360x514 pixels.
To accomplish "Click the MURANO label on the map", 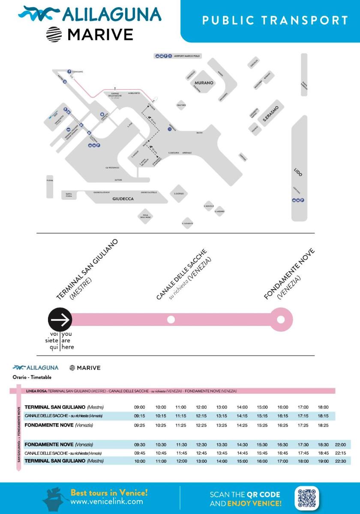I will click(204, 83).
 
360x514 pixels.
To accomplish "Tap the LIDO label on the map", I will click(298, 172).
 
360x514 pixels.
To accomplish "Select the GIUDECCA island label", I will click(123, 199).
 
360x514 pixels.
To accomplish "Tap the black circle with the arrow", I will click(60, 319).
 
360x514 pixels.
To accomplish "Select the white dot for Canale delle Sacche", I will click(171, 319).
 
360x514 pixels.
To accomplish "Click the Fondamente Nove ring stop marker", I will click(281, 319).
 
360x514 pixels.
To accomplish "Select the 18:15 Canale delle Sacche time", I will click(323, 416).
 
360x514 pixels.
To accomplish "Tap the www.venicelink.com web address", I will click(107, 501).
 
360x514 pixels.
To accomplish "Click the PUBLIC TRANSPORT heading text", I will click(275, 20).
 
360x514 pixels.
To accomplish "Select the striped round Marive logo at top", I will click(54, 35).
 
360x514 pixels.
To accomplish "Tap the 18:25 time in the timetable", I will click(323, 425).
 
